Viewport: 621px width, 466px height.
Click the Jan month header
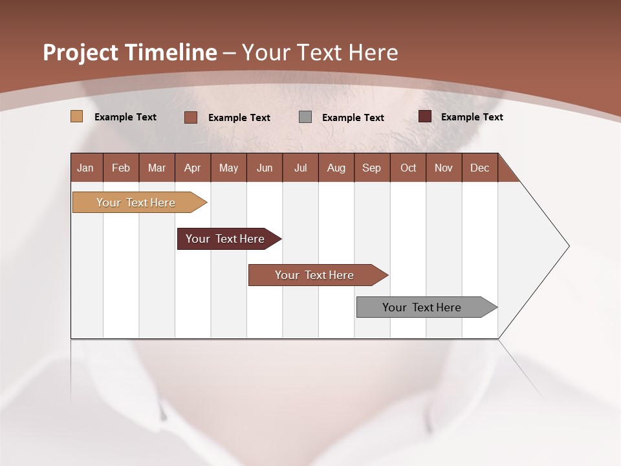[x=85, y=168]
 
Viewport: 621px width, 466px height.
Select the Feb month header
[x=121, y=168]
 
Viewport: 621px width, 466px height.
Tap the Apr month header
[x=192, y=168]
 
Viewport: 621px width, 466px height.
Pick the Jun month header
[x=265, y=168]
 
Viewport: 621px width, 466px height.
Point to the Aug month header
[x=336, y=168]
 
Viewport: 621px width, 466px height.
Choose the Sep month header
[x=371, y=168]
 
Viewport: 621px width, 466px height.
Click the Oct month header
[x=408, y=168]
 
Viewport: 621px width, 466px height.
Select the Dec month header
[x=479, y=168]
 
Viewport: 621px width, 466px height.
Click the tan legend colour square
[x=77, y=116]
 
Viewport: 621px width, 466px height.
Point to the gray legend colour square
[x=305, y=117]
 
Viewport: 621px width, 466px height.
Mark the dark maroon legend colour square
[x=425, y=116]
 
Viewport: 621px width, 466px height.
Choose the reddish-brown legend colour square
[x=191, y=117]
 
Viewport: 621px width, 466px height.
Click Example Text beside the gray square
[x=353, y=117]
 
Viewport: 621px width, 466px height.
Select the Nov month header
[x=443, y=168]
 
